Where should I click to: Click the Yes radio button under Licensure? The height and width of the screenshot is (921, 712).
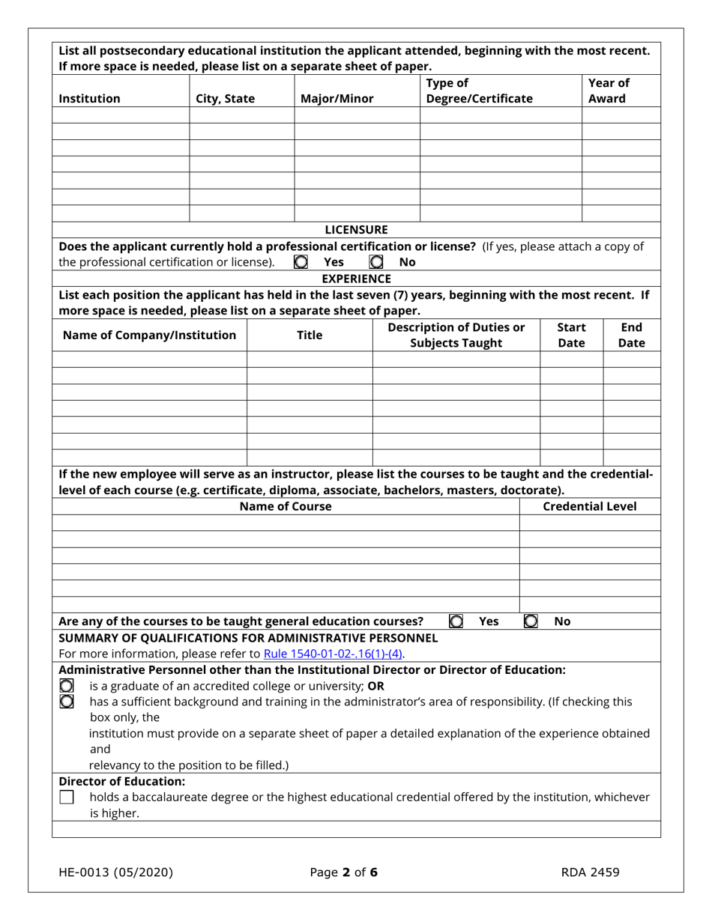(301, 263)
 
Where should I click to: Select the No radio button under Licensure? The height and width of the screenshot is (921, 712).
(377, 263)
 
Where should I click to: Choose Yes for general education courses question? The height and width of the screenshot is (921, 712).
(455, 621)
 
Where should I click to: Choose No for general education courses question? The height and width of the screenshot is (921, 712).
(531, 621)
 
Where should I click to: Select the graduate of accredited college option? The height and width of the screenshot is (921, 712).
(67, 685)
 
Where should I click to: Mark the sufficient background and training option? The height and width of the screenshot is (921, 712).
(67, 701)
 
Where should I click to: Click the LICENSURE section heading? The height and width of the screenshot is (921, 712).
(356, 229)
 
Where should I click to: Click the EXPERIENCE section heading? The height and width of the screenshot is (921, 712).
(356, 279)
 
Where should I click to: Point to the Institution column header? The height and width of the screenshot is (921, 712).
(89, 98)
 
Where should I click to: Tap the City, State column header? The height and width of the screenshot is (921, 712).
(225, 98)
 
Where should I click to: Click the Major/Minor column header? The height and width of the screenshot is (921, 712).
(337, 98)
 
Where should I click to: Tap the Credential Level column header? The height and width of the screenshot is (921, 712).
(589, 507)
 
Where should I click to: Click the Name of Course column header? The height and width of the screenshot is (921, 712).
(285, 507)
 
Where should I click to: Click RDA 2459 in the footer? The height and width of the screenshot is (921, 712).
(590, 872)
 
